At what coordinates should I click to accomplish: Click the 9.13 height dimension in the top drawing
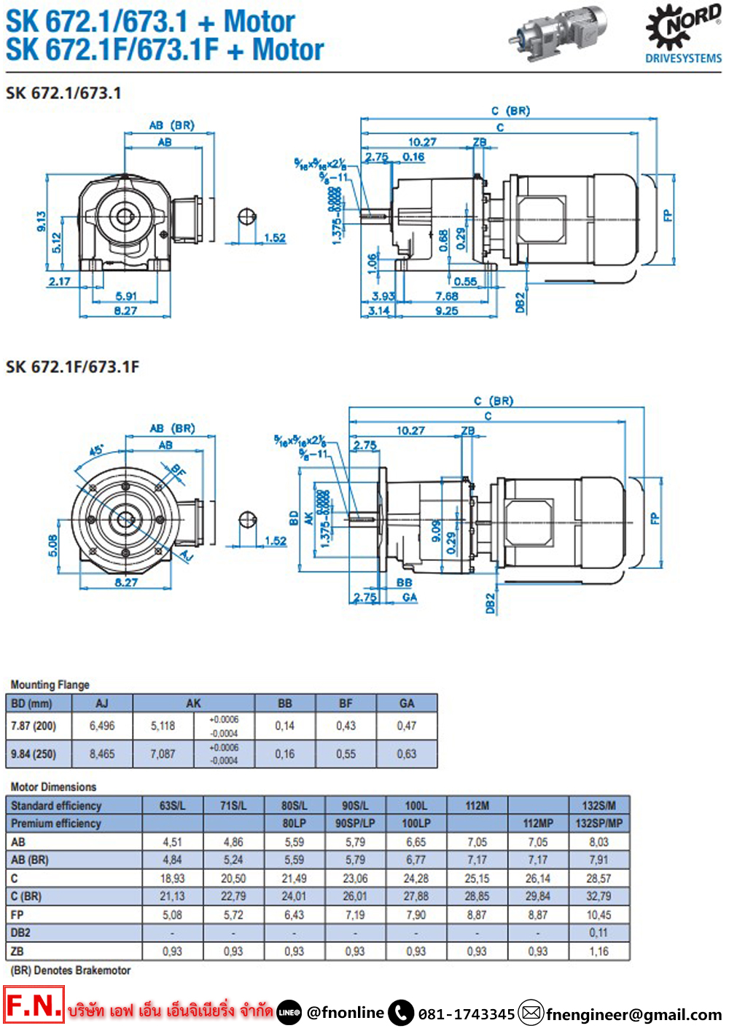(42, 222)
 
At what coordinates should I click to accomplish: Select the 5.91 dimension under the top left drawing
(126, 296)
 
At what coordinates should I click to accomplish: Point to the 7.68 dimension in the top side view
(446, 296)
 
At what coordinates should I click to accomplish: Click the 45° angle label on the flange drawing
(96, 451)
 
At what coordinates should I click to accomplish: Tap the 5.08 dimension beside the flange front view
(52, 545)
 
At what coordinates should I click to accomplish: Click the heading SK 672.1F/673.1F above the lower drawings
(72, 366)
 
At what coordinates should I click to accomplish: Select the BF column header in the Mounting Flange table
(346, 703)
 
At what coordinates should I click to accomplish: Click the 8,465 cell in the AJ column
(102, 754)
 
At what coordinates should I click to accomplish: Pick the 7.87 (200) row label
(34, 726)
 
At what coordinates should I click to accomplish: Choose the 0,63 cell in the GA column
(407, 754)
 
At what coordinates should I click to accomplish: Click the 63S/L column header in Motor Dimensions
(173, 805)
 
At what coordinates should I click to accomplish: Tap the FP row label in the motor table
(17, 914)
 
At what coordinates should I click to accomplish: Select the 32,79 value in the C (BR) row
(599, 896)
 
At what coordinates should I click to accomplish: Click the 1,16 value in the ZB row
(599, 951)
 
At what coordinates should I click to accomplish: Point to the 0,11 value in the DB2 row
(599, 933)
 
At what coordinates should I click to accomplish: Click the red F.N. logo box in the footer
(34, 1005)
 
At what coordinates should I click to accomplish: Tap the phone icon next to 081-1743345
(401, 1012)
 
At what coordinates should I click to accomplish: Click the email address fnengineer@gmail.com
(634, 1014)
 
